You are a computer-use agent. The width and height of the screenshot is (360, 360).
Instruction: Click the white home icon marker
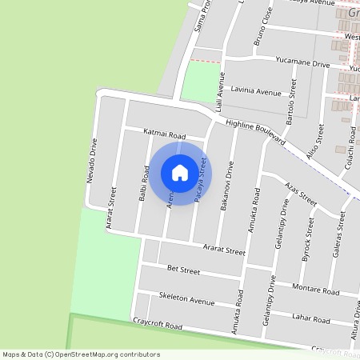180,173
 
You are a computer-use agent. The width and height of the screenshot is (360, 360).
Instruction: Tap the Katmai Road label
164,134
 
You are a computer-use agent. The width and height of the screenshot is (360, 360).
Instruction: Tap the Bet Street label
183,270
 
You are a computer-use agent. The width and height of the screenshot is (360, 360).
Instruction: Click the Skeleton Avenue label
187,301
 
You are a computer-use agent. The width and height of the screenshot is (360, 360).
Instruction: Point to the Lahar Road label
311,318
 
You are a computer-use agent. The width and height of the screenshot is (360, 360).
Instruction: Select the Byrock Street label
306,234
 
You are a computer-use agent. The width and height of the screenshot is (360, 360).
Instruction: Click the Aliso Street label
314,142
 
